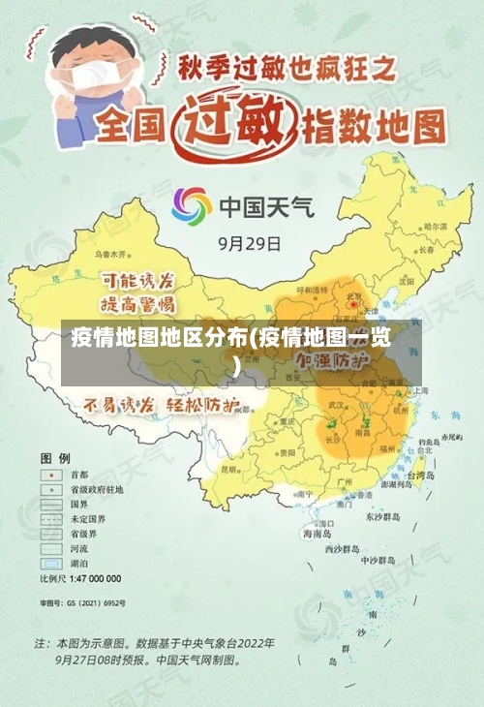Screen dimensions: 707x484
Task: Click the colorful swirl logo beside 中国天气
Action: coord(192,206)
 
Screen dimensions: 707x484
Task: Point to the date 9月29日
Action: coord(249,243)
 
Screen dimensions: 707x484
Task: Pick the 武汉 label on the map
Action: coord(338,404)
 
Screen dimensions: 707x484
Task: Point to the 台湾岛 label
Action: coord(425,476)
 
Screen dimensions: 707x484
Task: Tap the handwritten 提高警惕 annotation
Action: coord(139,303)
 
